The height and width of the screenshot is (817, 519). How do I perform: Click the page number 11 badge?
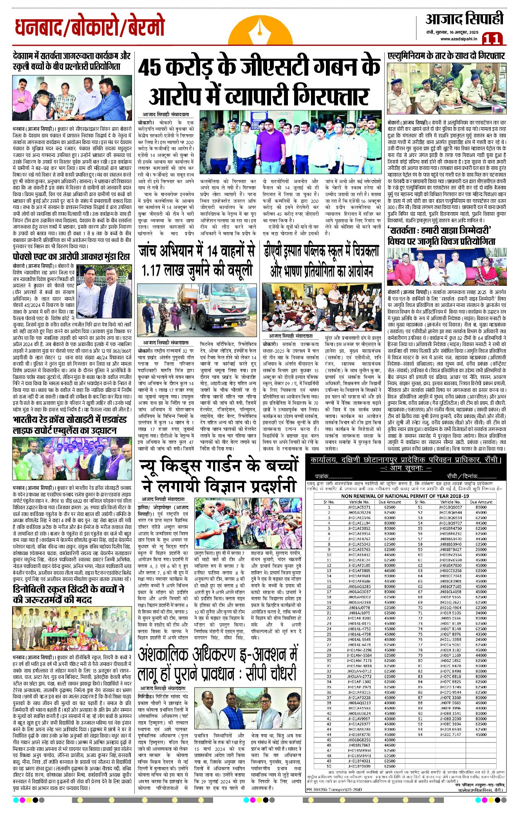tap(492, 39)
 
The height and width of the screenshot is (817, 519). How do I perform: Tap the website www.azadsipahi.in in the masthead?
tap(459, 38)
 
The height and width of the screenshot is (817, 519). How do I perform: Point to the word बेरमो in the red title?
tap(143, 28)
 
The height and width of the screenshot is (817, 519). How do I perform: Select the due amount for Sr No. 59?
tap(481, 549)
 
